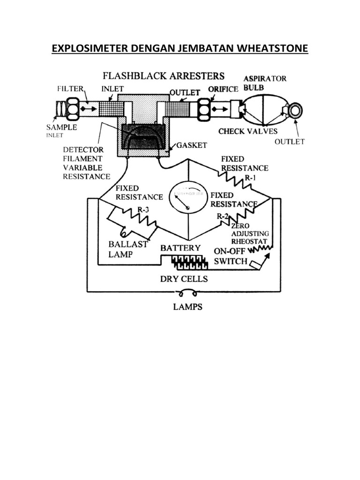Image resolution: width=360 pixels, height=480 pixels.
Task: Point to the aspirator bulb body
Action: click(x=263, y=110)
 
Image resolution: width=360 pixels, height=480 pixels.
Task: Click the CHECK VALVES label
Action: click(x=248, y=131)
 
